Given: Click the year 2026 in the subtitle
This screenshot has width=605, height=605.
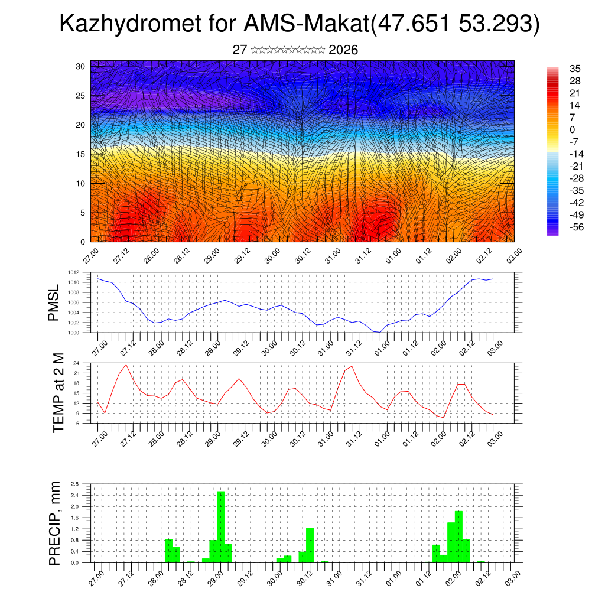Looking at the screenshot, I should pyautogui.click(x=343, y=50).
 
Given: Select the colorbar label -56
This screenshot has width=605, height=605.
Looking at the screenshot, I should pyautogui.click(x=574, y=227).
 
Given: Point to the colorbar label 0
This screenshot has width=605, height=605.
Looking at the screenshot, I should pyautogui.click(x=572, y=129).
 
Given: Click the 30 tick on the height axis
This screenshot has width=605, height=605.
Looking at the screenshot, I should pyautogui.click(x=80, y=66).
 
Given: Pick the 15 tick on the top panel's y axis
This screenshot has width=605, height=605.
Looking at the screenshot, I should pyautogui.click(x=80, y=154).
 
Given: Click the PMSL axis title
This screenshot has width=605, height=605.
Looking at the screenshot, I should pyautogui.click(x=54, y=302).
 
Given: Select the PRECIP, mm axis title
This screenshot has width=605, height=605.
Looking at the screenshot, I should pyautogui.click(x=55, y=523).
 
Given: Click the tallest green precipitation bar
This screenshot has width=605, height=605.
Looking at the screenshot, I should pyautogui.click(x=220, y=526).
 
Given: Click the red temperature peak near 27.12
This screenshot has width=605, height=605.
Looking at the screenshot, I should pyautogui.click(x=126, y=365).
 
